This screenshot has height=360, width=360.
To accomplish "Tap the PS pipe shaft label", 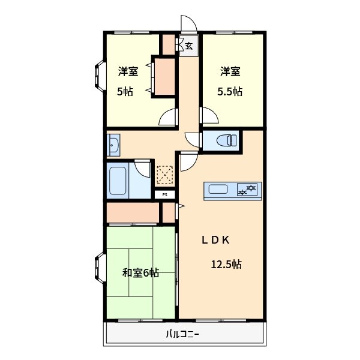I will (x=165, y=195).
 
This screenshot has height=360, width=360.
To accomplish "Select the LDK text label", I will (x=215, y=240).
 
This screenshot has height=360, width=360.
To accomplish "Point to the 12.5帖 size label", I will (x=226, y=264).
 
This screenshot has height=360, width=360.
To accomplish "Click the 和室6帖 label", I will (x=141, y=273).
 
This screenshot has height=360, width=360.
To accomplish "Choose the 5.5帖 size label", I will (x=230, y=92).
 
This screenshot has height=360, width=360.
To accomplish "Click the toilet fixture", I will (x=226, y=141).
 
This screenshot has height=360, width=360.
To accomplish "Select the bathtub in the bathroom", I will (x=118, y=182).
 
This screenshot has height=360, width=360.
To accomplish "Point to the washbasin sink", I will (x=113, y=145).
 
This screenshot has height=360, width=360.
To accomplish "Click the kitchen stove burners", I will (x=248, y=190).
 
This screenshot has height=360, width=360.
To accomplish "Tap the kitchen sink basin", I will (x=217, y=190).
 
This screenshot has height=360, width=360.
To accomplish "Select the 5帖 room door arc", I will (x=169, y=118).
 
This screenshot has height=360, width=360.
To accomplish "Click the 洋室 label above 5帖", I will (x=128, y=72).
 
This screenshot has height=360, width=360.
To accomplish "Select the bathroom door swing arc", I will (x=143, y=167).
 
